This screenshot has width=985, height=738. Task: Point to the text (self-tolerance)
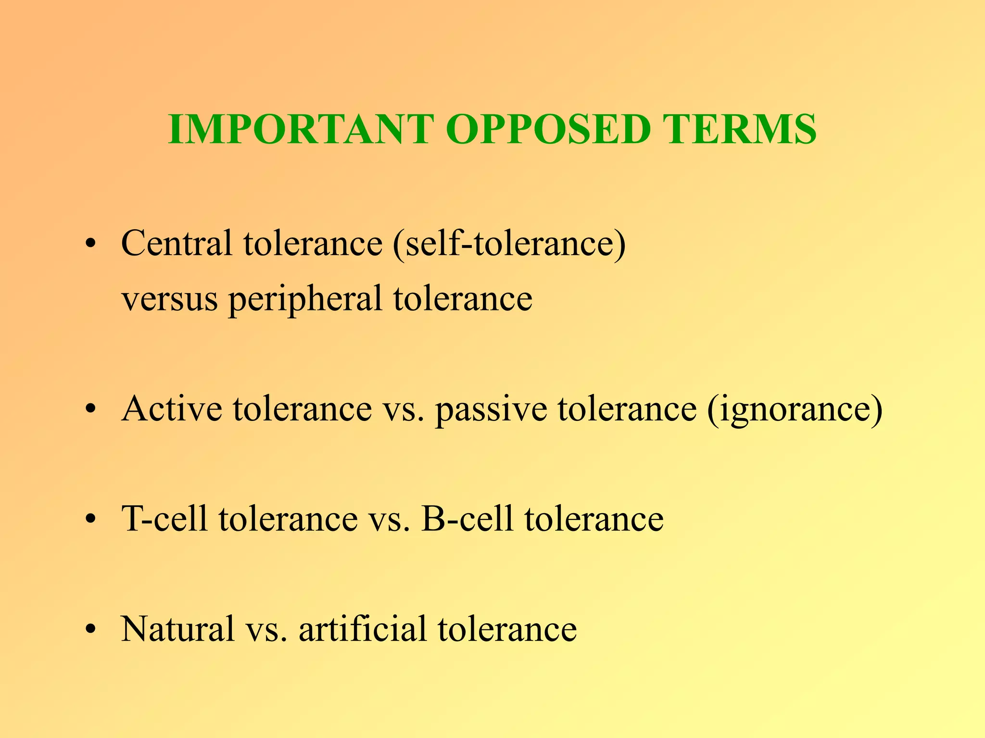pyautogui.click(x=509, y=244)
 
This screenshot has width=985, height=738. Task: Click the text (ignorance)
pyautogui.click(x=795, y=409)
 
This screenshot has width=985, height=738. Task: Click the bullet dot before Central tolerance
pyautogui.click(x=90, y=244)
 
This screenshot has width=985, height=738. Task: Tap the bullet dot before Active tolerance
pyautogui.click(x=90, y=410)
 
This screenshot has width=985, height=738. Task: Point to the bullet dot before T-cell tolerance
pyautogui.click(x=90, y=520)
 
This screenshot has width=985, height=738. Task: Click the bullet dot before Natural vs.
pyautogui.click(x=90, y=630)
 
